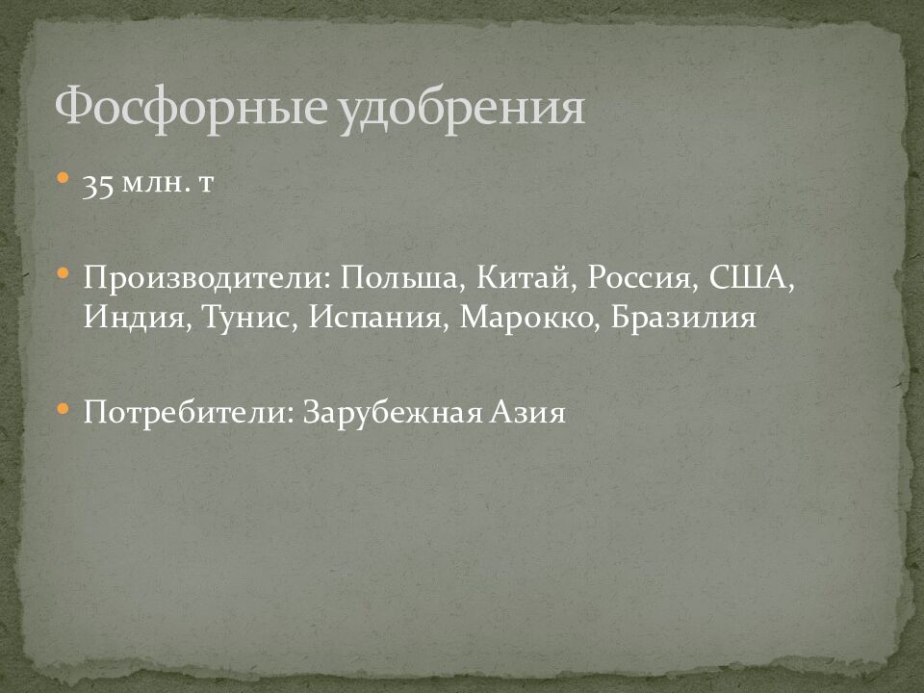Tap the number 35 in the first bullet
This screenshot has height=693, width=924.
pos(98,184)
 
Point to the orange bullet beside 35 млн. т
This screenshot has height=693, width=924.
pos(63,178)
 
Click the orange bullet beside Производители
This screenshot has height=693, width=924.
pos(63,274)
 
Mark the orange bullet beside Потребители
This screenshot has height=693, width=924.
pos(63,408)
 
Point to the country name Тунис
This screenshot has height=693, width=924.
pos(251,318)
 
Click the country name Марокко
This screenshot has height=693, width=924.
pos(529,318)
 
